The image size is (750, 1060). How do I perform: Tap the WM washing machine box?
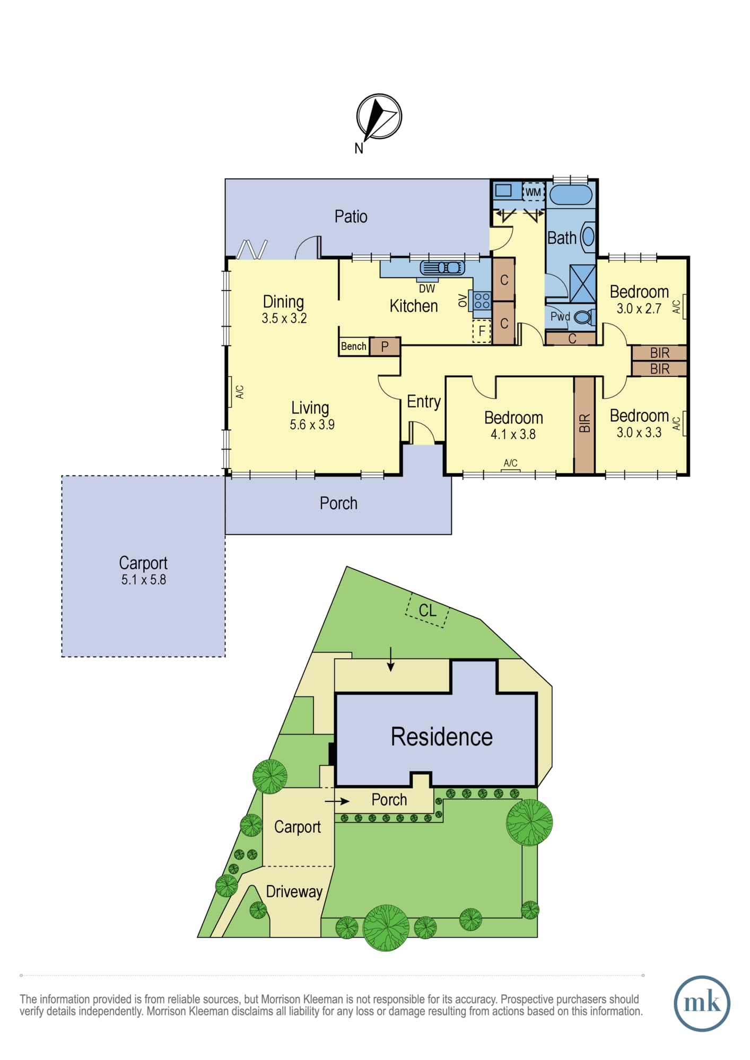pyautogui.click(x=533, y=192)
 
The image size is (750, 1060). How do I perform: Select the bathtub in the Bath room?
pyautogui.click(x=570, y=195)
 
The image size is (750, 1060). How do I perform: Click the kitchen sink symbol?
pyautogui.click(x=442, y=268)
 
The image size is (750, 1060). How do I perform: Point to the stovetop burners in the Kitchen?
pyautogui.click(x=482, y=301)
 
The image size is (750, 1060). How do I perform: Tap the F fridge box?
pyautogui.click(x=482, y=331)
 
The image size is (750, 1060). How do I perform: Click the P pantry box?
pyautogui.click(x=385, y=347)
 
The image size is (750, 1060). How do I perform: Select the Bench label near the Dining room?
pyautogui.click(x=354, y=347)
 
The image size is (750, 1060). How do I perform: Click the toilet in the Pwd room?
pyautogui.click(x=584, y=317)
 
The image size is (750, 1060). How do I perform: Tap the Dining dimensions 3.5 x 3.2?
pyautogui.click(x=284, y=319)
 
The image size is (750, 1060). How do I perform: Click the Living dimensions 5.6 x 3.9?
pyautogui.click(x=312, y=425)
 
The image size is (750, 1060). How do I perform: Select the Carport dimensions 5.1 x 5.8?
pyautogui.click(x=144, y=580)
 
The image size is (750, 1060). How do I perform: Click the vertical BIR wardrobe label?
pyautogui.click(x=585, y=423)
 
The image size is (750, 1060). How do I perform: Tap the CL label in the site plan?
pyautogui.click(x=428, y=611)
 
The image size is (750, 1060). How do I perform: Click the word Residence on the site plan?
pyautogui.click(x=442, y=737)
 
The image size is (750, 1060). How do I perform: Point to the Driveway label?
pyautogui.click(x=294, y=892)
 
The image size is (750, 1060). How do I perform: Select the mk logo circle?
pyautogui.click(x=702, y=1003)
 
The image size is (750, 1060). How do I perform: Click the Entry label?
pyautogui.click(x=424, y=402)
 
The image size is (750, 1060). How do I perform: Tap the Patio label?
pyautogui.click(x=351, y=216)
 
